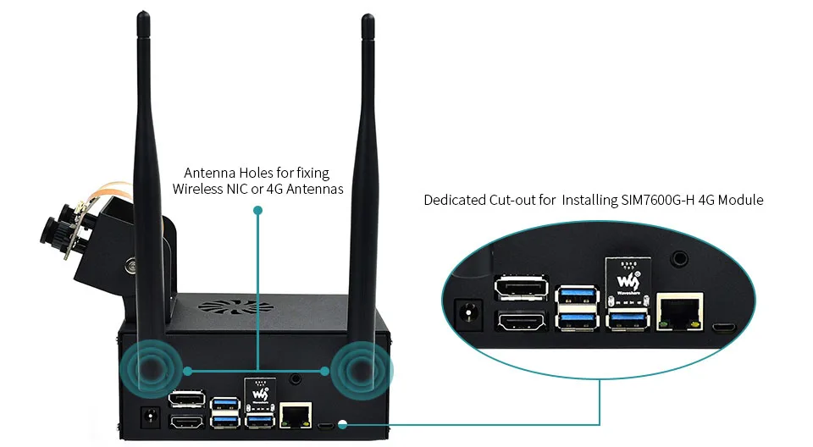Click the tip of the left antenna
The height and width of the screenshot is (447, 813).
pos(143,13)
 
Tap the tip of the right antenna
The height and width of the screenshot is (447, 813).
pos(368,15)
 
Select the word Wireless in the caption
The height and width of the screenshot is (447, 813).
pos(198,189)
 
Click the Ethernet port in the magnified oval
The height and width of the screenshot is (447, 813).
pos(680,312)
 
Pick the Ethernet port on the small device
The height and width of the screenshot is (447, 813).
pos(296,416)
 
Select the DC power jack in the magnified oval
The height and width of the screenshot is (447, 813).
pos(468,314)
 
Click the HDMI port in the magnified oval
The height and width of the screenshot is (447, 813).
pos(521,322)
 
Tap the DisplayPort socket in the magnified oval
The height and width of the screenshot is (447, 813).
pos(521,288)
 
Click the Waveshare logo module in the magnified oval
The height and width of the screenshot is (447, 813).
pos(628,279)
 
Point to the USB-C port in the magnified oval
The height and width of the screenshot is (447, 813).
pos(724,328)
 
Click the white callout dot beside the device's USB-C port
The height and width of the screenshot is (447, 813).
pos(342,425)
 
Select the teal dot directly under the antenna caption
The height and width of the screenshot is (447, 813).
pos(257,210)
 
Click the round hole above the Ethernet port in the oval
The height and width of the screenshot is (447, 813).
pos(679,257)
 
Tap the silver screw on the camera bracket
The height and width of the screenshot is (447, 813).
pos(130,267)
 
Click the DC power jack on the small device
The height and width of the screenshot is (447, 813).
pos(151,417)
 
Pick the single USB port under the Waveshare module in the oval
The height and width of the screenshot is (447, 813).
pos(628,318)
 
